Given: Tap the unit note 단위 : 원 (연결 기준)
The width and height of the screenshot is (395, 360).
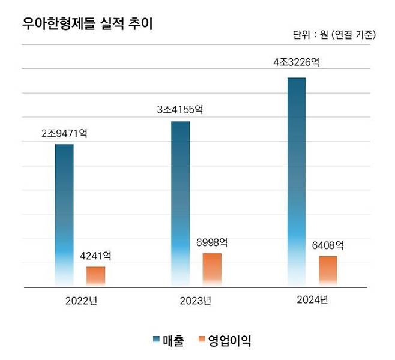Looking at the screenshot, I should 334,35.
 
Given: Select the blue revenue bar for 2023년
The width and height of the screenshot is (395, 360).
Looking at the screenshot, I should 180,204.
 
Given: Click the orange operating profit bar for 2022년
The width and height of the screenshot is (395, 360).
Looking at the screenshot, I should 95,276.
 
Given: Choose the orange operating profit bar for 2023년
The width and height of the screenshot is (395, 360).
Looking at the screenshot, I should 212,269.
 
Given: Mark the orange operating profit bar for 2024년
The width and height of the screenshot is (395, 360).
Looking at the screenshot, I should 328,271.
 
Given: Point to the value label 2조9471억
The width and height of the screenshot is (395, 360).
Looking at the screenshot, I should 64,133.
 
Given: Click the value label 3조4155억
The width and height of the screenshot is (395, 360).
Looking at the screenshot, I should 180,110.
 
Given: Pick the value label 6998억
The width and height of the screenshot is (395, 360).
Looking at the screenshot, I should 212,242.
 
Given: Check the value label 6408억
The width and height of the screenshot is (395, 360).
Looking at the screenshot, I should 328,245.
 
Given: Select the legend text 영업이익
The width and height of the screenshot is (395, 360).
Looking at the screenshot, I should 229,341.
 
